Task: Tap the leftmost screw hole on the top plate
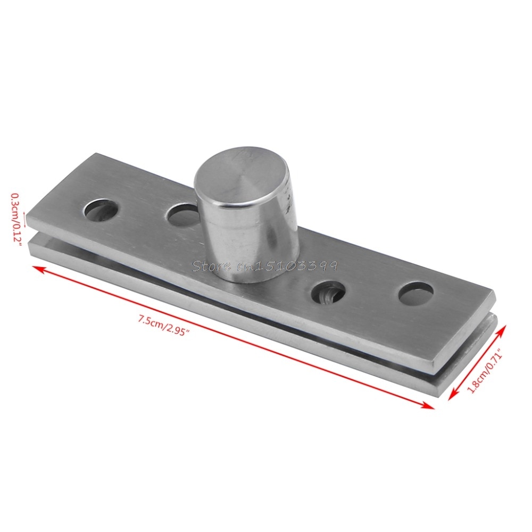(101, 210)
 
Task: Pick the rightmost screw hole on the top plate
(415, 293)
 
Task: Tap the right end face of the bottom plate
(468, 351)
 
